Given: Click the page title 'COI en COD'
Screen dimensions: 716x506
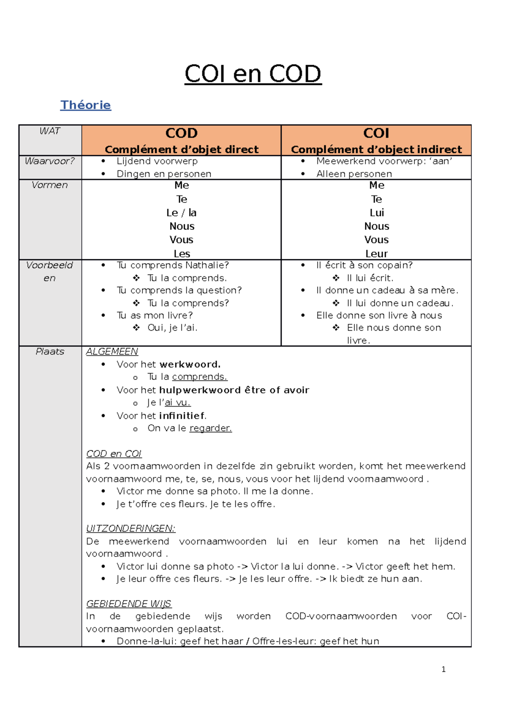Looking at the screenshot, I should pyautogui.click(x=253, y=74).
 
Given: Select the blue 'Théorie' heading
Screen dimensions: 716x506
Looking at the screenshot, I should pyautogui.click(x=86, y=105).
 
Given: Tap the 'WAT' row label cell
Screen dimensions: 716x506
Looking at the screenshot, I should pyautogui.click(x=50, y=131).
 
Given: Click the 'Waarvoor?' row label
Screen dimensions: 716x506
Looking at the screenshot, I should pyautogui.click(x=50, y=161).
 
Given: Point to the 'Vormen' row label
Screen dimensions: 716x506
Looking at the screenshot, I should pyautogui.click(x=50, y=185).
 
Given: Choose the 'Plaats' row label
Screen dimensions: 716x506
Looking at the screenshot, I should pyautogui.click(x=50, y=352).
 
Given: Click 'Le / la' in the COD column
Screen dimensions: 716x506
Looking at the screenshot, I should pyautogui.click(x=181, y=213).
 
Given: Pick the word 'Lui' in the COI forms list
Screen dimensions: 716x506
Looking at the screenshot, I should pyautogui.click(x=377, y=213).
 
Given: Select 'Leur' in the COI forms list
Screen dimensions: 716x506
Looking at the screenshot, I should pyautogui.click(x=377, y=254).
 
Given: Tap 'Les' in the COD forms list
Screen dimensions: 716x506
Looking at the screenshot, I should pyautogui.click(x=182, y=254).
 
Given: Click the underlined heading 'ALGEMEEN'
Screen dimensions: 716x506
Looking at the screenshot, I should pyautogui.click(x=112, y=352).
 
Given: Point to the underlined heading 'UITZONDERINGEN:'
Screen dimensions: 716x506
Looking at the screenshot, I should pyautogui.click(x=131, y=528).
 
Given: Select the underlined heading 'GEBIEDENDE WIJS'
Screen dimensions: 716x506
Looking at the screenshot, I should pyautogui.click(x=129, y=604).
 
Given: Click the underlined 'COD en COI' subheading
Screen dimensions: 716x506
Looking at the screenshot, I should pyautogui.click(x=114, y=454).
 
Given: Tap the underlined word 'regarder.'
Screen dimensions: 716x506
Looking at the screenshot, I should pyautogui.click(x=210, y=428).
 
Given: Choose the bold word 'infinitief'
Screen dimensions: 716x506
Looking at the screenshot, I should pyautogui.click(x=182, y=416).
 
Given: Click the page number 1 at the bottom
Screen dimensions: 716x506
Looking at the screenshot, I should pyautogui.click(x=443, y=669).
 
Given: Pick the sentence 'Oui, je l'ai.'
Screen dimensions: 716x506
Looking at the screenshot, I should pyautogui.click(x=172, y=328).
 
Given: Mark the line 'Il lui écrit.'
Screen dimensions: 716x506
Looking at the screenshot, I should pyautogui.click(x=370, y=278).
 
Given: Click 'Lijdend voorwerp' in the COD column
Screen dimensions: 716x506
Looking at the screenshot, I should pyautogui.click(x=157, y=161).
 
